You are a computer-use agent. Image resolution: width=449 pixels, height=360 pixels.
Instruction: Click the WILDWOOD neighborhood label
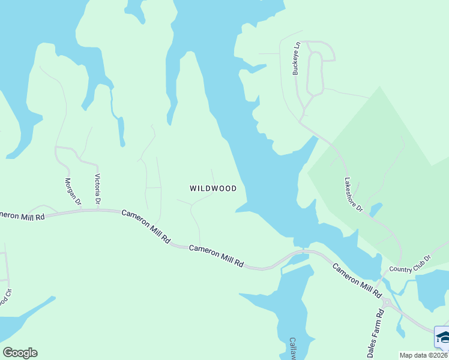(x=213, y=188)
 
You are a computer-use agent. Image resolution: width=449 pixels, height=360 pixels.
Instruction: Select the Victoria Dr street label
(x=97, y=189)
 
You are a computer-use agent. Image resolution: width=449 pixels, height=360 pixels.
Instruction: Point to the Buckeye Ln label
(x=296, y=58)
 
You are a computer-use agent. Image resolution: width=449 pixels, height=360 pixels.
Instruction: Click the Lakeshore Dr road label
(x=354, y=194)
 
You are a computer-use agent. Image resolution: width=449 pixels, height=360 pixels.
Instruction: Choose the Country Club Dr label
(x=410, y=264)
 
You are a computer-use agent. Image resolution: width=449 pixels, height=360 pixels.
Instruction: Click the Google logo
(x=20, y=353)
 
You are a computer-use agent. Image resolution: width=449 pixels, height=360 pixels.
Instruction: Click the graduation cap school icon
(x=442, y=338)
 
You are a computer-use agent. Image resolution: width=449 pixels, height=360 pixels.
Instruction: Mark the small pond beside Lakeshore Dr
(x=376, y=209)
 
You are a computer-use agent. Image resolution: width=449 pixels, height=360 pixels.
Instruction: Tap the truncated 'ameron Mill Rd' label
(x=23, y=215)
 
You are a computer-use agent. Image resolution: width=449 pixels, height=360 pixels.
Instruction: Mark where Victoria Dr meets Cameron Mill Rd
(x=98, y=210)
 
